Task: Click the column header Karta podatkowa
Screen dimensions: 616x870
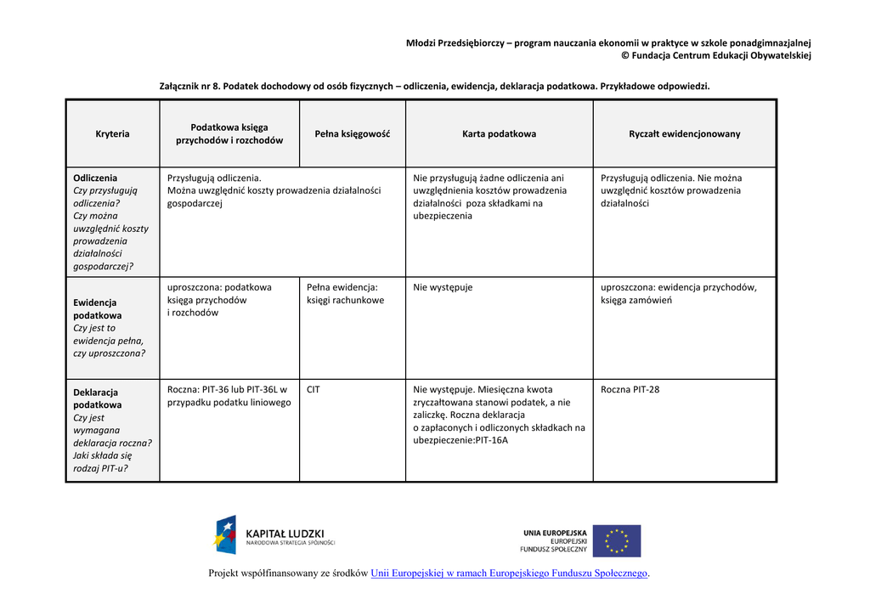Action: click(499, 133)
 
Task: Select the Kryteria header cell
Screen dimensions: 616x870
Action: click(112, 133)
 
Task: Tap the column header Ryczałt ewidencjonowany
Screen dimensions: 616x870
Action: click(684, 133)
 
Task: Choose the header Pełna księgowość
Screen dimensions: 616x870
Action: click(352, 133)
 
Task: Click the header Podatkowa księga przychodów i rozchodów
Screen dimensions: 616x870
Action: click(229, 133)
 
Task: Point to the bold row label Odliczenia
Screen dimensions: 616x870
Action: click(95, 178)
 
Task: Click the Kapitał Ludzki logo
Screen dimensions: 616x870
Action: click(274, 535)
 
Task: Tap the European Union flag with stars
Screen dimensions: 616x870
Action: click(616, 540)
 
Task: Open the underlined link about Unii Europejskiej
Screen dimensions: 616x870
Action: click(509, 574)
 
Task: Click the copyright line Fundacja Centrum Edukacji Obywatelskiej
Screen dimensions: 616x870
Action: click(721, 56)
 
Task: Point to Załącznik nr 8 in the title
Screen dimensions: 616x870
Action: click(189, 86)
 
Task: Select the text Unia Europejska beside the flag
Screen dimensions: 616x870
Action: click(554, 533)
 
